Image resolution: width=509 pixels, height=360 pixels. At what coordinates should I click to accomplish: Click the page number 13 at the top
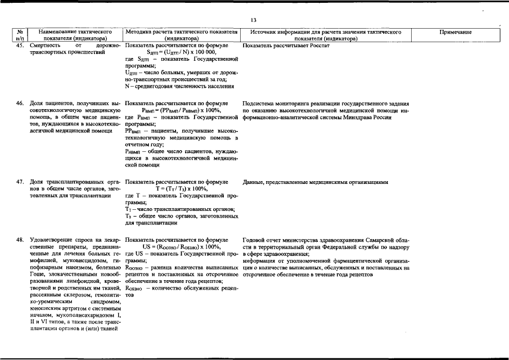coord(254,20)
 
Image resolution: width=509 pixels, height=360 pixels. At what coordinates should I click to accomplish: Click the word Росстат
coord(318,45)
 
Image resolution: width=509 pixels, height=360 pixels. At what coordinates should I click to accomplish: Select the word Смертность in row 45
coord(46,45)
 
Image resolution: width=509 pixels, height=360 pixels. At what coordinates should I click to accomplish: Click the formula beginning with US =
coord(181,247)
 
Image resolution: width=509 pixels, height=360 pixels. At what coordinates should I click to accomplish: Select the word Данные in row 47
coord(255,182)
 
